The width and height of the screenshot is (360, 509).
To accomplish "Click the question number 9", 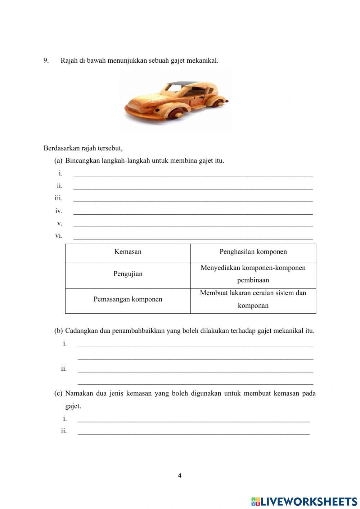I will tap(46, 61).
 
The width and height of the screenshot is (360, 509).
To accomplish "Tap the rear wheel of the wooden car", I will tap(215, 104).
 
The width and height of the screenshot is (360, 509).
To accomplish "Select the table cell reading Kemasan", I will tap(128, 252).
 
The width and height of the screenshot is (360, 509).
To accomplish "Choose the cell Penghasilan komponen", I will tap(253, 252).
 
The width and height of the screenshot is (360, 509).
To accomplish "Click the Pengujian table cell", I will tap(128, 274).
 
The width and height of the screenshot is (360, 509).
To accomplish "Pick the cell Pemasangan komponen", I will tap(128, 299).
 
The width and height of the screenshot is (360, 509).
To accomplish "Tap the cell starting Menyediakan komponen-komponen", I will tap(253, 274).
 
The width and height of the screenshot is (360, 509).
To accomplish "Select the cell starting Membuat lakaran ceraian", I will tap(253, 299).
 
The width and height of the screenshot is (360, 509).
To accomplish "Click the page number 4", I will tap(180, 475).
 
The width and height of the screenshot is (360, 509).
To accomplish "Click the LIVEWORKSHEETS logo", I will tap(304, 501).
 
